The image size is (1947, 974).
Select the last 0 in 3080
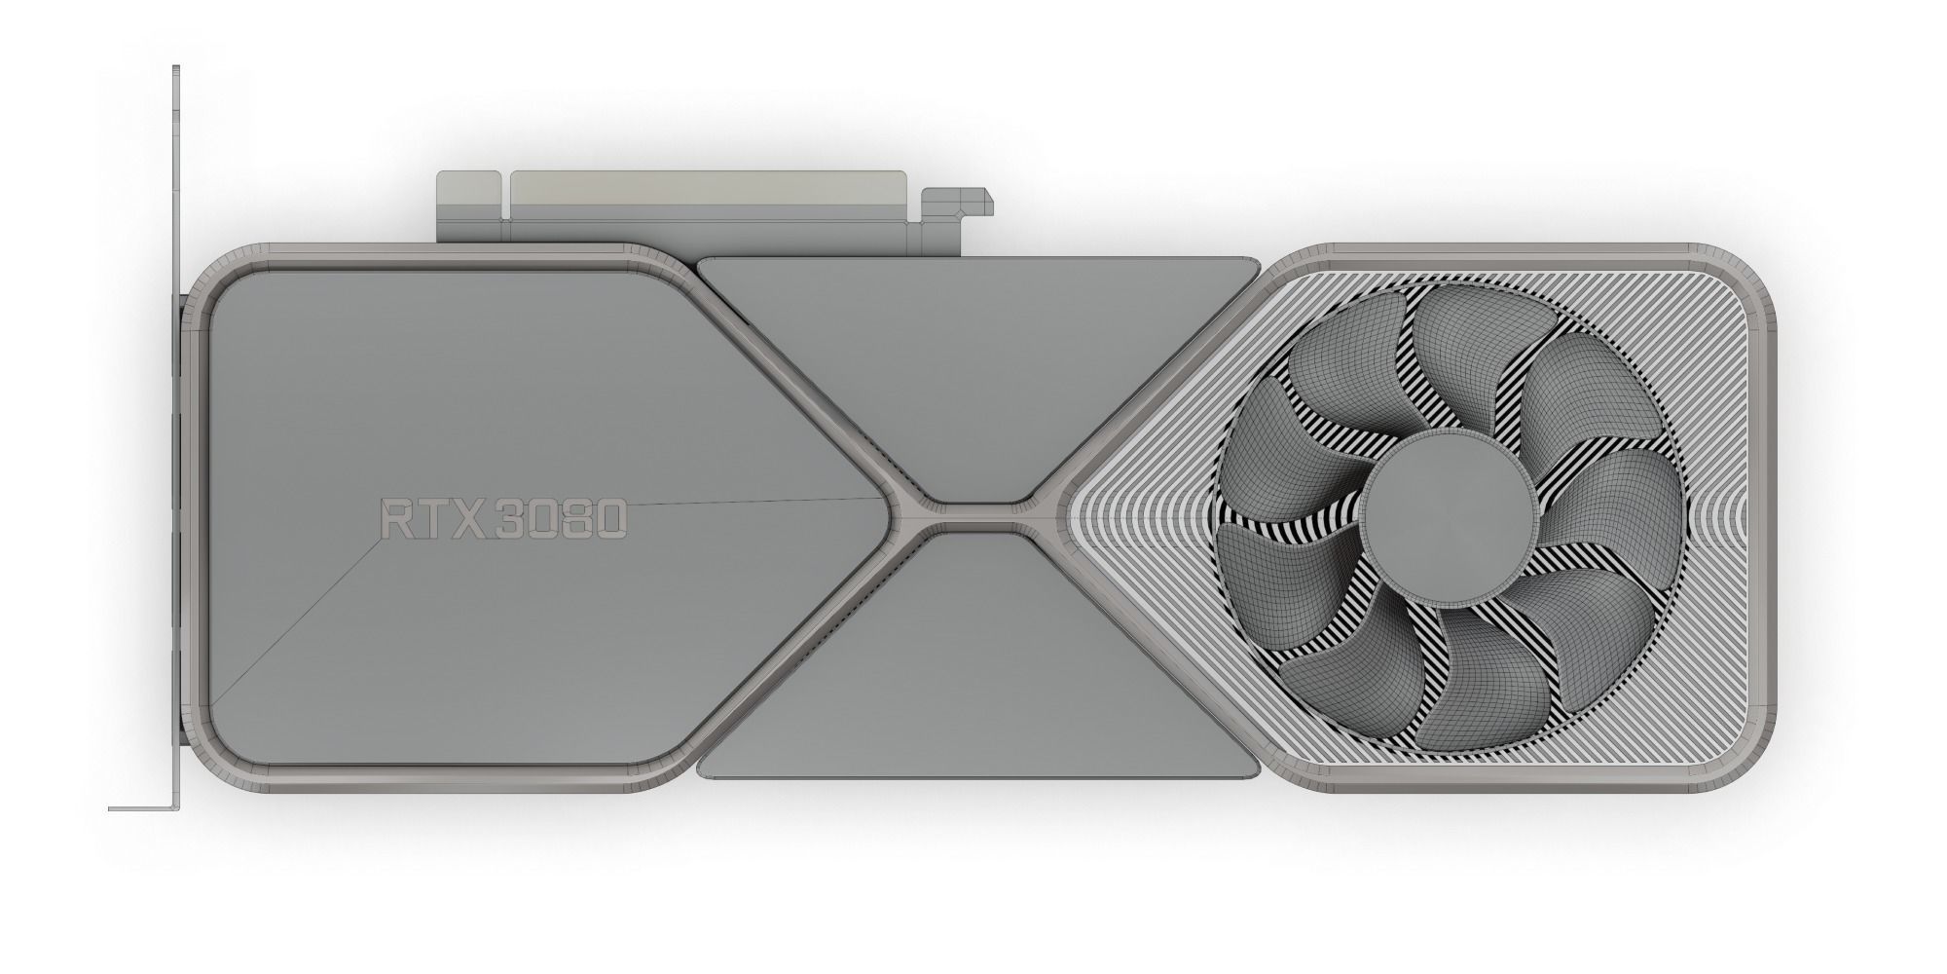606,520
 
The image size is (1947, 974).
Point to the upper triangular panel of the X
973,370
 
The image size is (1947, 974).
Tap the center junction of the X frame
976,516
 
